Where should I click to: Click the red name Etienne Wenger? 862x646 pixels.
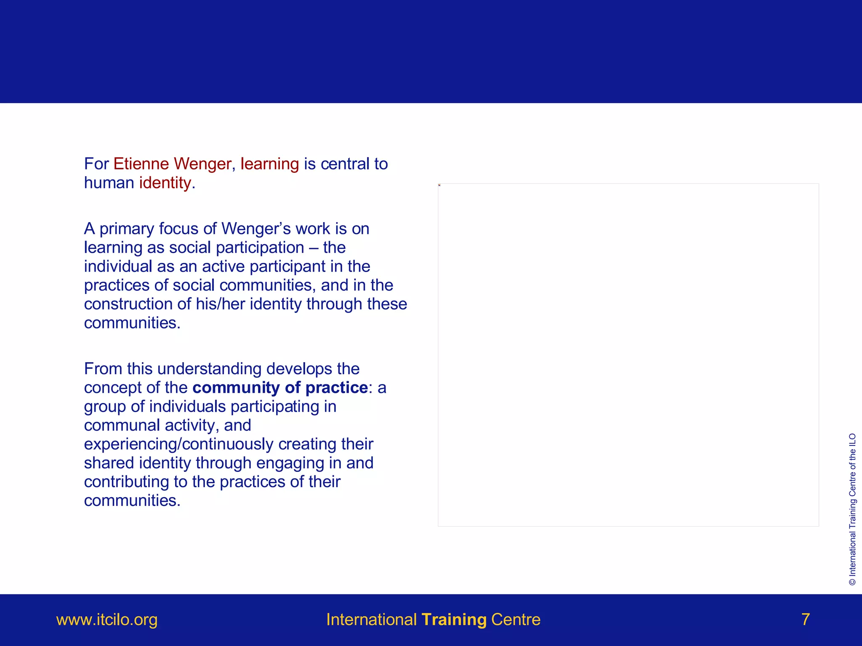172,164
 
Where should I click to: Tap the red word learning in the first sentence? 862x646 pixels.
269,164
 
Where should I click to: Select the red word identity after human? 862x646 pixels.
165,183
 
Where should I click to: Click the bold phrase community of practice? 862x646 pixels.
280,387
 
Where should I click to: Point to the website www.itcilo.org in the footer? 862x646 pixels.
107,620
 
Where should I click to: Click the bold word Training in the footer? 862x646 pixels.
454,620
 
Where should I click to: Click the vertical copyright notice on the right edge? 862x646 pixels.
852,509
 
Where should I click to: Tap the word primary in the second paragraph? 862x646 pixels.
127,229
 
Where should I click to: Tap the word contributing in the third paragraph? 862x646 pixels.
126,482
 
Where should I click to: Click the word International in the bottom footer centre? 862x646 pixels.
371,620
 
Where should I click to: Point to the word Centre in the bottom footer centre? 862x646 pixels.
516,620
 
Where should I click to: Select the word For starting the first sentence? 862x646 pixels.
96,164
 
